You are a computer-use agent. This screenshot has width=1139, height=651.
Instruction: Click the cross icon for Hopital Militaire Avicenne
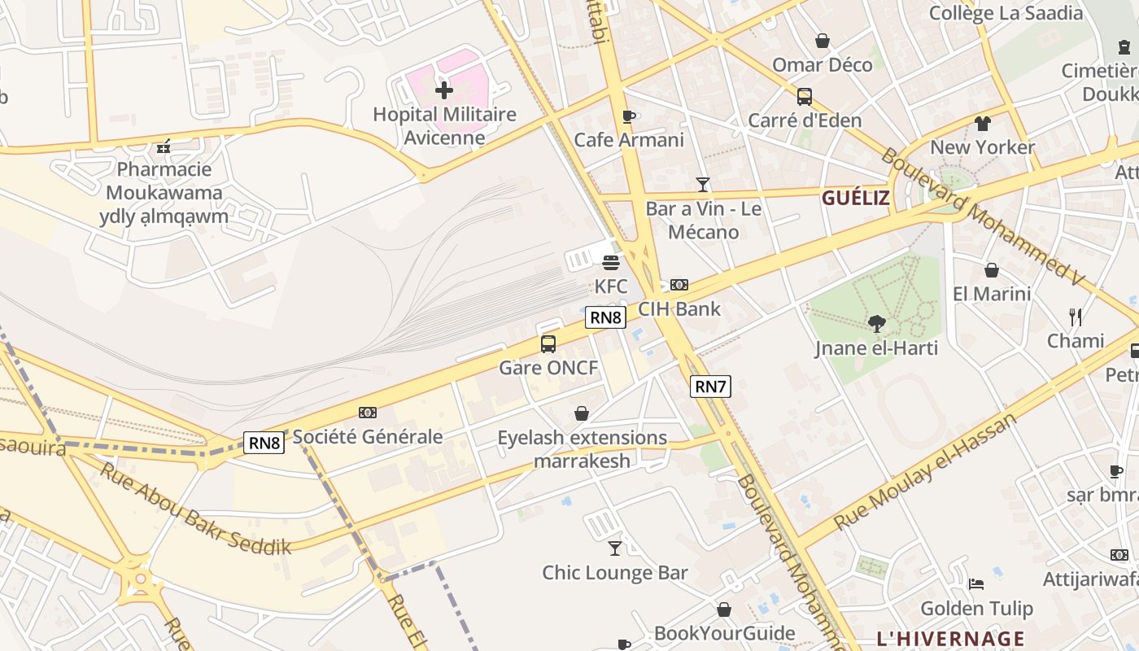pyautogui.click(x=444, y=90)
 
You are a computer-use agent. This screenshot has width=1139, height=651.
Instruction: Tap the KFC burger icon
pyautogui.click(x=611, y=263)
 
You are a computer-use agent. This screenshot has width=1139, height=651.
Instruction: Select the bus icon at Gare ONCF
pyautogui.click(x=548, y=344)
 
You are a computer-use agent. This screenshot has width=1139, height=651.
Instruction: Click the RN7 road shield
pyautogui.click(x=710, y=387)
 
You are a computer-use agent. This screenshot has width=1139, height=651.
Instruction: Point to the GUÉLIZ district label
pyautogui.click(x=855, y=198)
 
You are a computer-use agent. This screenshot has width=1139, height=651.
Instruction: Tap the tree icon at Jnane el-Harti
pyautogui.click(x=876, y=324)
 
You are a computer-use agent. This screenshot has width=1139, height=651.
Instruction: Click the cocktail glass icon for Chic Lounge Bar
pyautogui.click(x=615, y=548)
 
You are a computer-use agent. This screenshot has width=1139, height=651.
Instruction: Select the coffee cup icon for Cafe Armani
pyautogui.click(x=628, y=116)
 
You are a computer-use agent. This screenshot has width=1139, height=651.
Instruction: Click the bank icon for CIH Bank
pyautogui.click(x=679, y=285)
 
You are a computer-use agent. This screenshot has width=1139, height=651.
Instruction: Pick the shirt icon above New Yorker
pyautogui.click(x=983, y=124)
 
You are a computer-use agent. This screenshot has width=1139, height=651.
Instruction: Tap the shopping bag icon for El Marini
pyautogui.click(x=991, y=270)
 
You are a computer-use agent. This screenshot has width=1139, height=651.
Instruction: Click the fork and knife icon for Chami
pyautogui.click(x=1076, y=317)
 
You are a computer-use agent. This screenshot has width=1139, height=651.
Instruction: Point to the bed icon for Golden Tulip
pyautogui.click(x=976, y=584)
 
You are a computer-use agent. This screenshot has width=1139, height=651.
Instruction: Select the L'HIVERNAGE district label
pyautogui.click(x=950, y=638)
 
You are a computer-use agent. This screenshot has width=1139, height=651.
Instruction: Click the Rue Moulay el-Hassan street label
pyautogui.click(x=926, y=472)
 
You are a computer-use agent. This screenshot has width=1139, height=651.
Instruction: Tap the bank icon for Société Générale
pyautogui.click(x=367, y=413)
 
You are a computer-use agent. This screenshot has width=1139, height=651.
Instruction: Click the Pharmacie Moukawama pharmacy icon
pyautogui.click(x=164, y=146)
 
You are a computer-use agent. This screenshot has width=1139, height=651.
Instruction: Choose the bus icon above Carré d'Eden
pyautogui.click(x=804, y=97)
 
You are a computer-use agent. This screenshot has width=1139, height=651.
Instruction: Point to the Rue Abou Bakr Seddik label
pyautogui.click(x=195, y=509)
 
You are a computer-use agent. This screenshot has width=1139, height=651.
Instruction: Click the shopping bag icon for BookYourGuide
pyautogui.click(x=723, y=609)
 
